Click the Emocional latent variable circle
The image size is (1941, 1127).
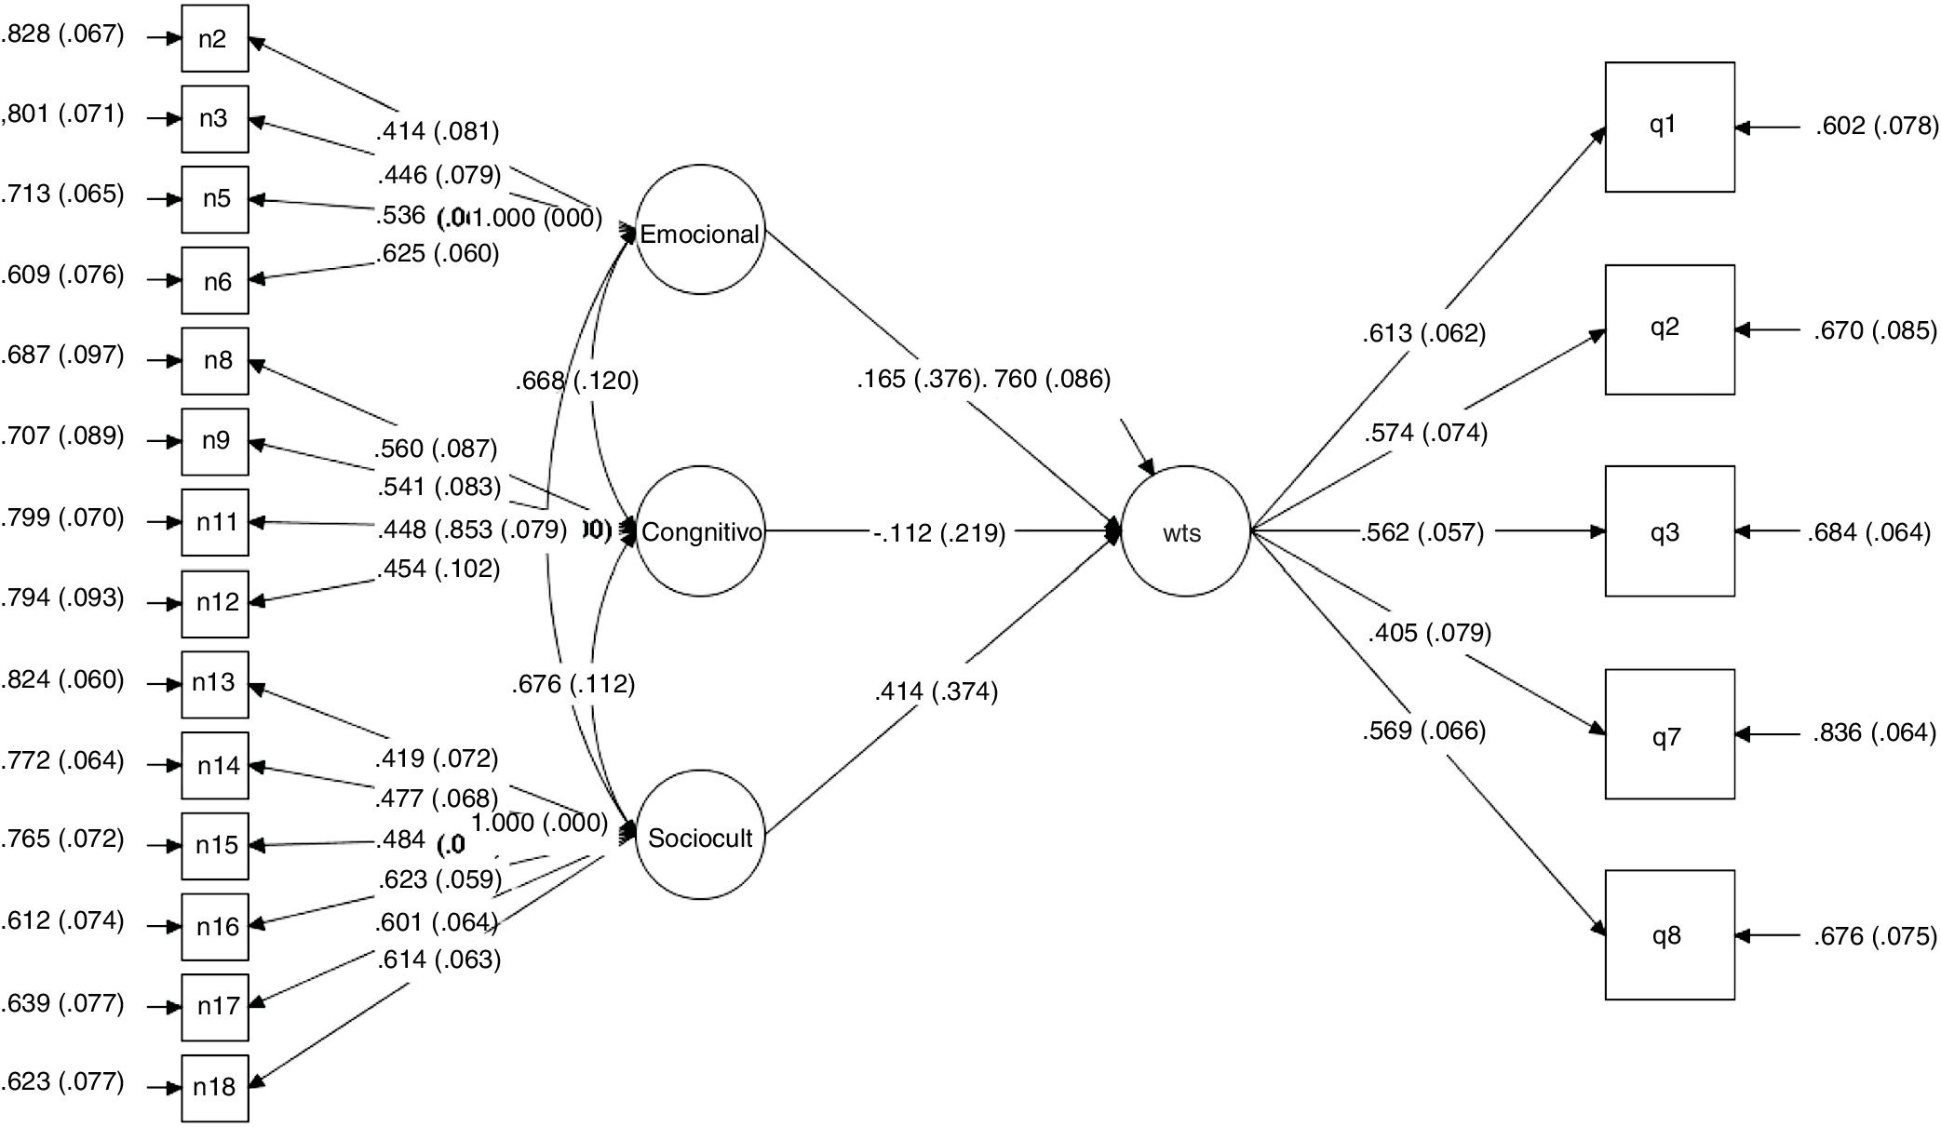(x=700, y=231)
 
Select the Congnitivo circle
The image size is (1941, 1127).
(x=700, y=531)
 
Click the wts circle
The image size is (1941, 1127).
(x=1184, y=531)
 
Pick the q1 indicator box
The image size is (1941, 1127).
(x=1669, y=127)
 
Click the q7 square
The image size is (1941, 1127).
(x=1669, y=734)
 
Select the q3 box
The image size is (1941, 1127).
(x=1669, y=531)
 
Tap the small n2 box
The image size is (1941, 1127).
(x=215, y=38)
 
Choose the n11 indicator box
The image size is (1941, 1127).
(x=215, y=522)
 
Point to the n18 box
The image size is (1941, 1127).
(x=215, y=1087)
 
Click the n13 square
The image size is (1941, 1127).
(x=215, y=684)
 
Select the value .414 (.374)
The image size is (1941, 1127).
(x=936, y=691)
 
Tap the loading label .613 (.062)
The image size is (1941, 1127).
(x=1423, y=333)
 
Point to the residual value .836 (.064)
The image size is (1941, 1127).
(x=1873, y=733)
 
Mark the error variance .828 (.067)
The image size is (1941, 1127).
(x=61, y=34)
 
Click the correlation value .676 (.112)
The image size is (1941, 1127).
(x=573, y=685)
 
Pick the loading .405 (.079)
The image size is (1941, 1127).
(x=1429, y=633)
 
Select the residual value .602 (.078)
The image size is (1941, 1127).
(x=1876, y=126)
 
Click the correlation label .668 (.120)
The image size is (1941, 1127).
(x=577, y=381)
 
